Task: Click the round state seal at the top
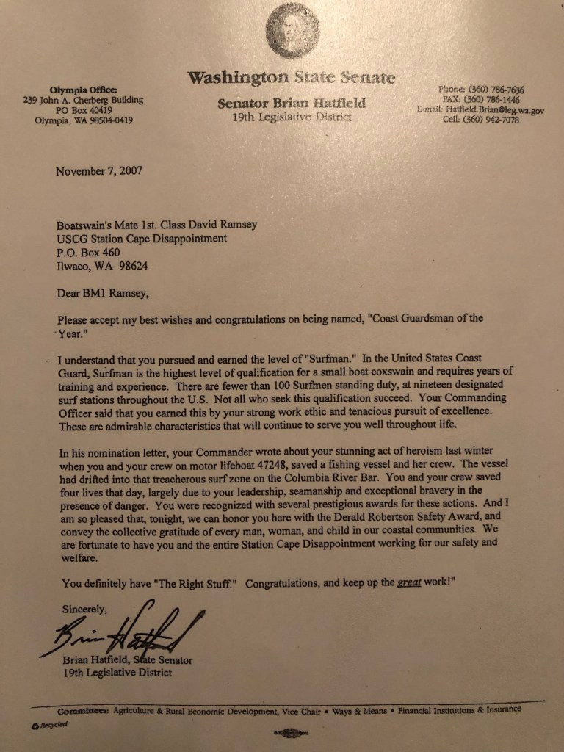[x=292, y=30]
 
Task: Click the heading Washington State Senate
[x=290, y=78]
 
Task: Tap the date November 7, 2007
[x=99, y=171]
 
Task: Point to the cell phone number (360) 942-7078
[x=491, y=120]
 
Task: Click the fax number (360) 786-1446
[x=493, y=100]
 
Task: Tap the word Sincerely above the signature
[x=84, y=608]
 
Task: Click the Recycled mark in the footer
[x=50, y=726]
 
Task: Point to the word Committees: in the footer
[x=84, y=711]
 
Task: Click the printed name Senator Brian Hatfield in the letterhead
[x=291, y=104]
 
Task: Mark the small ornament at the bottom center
[x=291, y=731]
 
